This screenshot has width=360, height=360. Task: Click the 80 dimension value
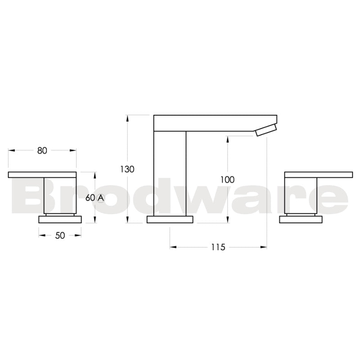pyautogui.click(x=42, y=151)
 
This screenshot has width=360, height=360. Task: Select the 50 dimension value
pyautogui.click(x=60, y=235)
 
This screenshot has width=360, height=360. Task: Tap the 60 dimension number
pyautogui.click(x=90, y=198)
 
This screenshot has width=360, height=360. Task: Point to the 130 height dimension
pyautogui.click(x=127, y=169)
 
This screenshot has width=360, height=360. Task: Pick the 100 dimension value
pyautogui.click(x=227, y=180)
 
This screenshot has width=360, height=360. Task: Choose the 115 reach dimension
pyautogui.click(x=218, y=247)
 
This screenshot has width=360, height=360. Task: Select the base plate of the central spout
pyautogui.click(x=170, y=219)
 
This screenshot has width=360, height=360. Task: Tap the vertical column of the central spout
pyautogui.click(x=170, y=173)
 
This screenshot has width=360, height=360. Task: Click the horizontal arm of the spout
pyautogui.click(x=215, y=122)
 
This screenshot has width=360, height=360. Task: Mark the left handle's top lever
pyautogui.click(x=42, y=174)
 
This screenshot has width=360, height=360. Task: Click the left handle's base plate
pyautogui.click(x=60, y=219)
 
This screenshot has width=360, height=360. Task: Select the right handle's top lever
pyautogui.click(x=319, y=174)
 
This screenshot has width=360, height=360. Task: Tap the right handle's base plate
pyautogui.click(x=301, y=219)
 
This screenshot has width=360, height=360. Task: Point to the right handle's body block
pyautogui.click(x=301, y=196)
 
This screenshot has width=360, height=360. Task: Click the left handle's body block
pyautogui.click(x=59, y=196)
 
